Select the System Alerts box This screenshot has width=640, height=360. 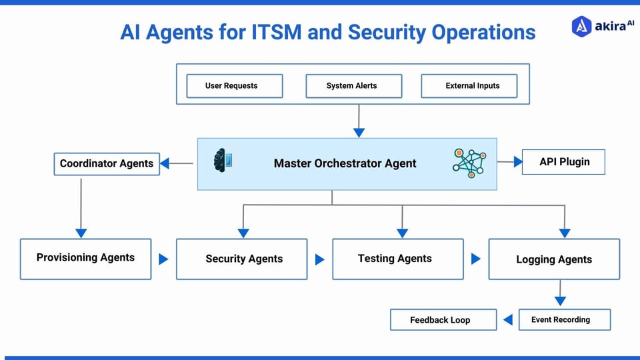[353, 86]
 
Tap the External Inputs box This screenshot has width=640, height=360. [472, 86]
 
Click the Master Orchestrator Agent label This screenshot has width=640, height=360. [345, 163]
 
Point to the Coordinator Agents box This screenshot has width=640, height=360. [107, 163]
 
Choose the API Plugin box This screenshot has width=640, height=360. [563, 162]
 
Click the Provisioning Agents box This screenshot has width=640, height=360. [85, 258]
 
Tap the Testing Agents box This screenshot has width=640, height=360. [397, 259]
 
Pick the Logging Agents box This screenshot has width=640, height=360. [554, 259]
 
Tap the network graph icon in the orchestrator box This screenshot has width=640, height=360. [469, 162]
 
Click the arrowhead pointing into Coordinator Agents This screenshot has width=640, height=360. [165, 163]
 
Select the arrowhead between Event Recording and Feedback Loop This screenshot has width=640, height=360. [507, 320]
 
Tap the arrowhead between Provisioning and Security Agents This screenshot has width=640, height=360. [163, 259]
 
